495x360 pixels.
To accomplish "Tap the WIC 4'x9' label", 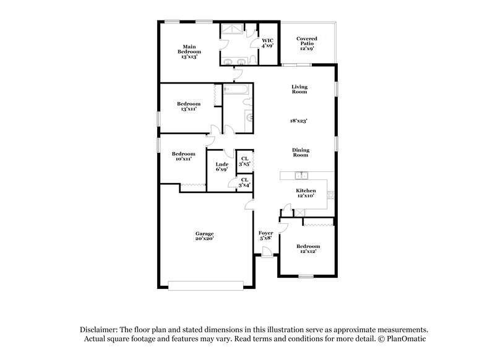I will (267, 43).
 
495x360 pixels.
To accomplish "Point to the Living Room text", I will (299, 89).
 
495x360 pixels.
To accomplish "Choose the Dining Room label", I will (301, 153).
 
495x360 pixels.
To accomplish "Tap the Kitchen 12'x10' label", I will (306, 193).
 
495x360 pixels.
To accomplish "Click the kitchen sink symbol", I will (301, 175).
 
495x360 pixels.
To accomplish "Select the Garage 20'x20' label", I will (204, 237).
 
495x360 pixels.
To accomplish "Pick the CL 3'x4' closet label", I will (244, 182).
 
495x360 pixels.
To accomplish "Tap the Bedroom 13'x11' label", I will (188, 106).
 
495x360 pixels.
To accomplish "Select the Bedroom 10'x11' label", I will (184, 156).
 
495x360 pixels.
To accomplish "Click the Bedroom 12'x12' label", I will (307, 249).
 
